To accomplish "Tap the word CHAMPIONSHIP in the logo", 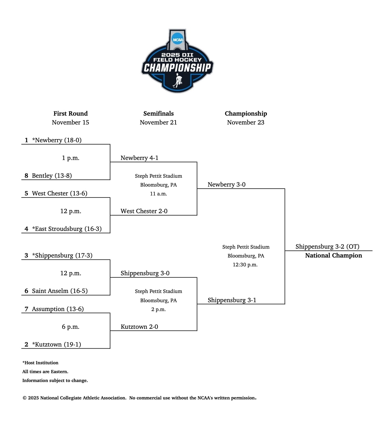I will (177, 68).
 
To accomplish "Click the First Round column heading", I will (71, 114).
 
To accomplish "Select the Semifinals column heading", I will (159, 114).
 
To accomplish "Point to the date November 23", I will (245, 122).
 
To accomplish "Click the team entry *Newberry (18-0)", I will (57, 140).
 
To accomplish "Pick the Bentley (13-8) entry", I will (52, 176).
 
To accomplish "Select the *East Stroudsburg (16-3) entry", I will (67, 229).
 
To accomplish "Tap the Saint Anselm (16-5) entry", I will (60, 291).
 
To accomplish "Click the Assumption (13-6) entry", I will (58, 309).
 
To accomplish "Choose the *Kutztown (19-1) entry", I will (57, 345).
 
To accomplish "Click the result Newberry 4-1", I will (139, 158).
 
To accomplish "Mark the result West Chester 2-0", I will (144, 211).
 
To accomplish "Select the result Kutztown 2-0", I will (139, 327).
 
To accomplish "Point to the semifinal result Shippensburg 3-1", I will (232, 300).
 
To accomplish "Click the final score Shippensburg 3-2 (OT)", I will (327, 247).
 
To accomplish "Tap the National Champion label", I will (333, 255).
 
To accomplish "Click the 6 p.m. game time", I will (71, 327).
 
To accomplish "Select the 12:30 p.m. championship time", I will (245, 265).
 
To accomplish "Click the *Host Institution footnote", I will (40, 363).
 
